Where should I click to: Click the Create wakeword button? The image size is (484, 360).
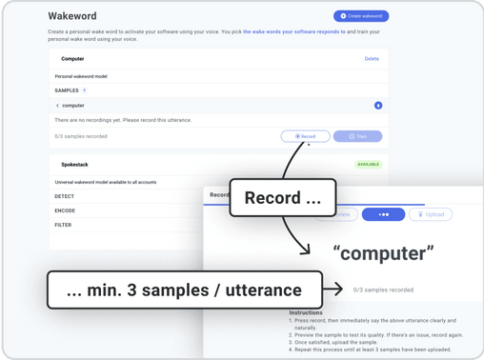click(x=361, y=16)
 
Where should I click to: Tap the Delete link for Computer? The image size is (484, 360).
click(x=372, y=59)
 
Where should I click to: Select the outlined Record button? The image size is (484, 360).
click(x=305, y=136)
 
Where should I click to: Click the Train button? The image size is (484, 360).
click(x=357, y=136)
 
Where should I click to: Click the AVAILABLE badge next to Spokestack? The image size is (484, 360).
click(x=369, y=164)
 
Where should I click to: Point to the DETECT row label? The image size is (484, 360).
click(x=65, y=195)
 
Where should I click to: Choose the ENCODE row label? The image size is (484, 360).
click(x=66, y=210)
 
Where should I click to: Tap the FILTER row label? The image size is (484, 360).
click(x=64, y=226)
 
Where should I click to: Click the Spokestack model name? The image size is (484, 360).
click(x=74, y=164)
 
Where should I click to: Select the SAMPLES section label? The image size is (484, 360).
click(x=67, y=90)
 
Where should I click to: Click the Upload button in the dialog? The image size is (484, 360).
click(x=430, y=214)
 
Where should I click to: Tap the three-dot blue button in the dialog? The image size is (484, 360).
click(x=383, y=214)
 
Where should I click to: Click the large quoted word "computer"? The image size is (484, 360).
click(x=384, y=252)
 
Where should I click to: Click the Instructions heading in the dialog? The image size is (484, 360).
click(x=307, y=312)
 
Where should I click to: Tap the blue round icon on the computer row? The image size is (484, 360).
click(x=378, y=105)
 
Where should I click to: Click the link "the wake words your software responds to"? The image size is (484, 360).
click(x=294, y=31)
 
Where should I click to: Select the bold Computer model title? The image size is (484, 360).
click(x=72, y=59)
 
